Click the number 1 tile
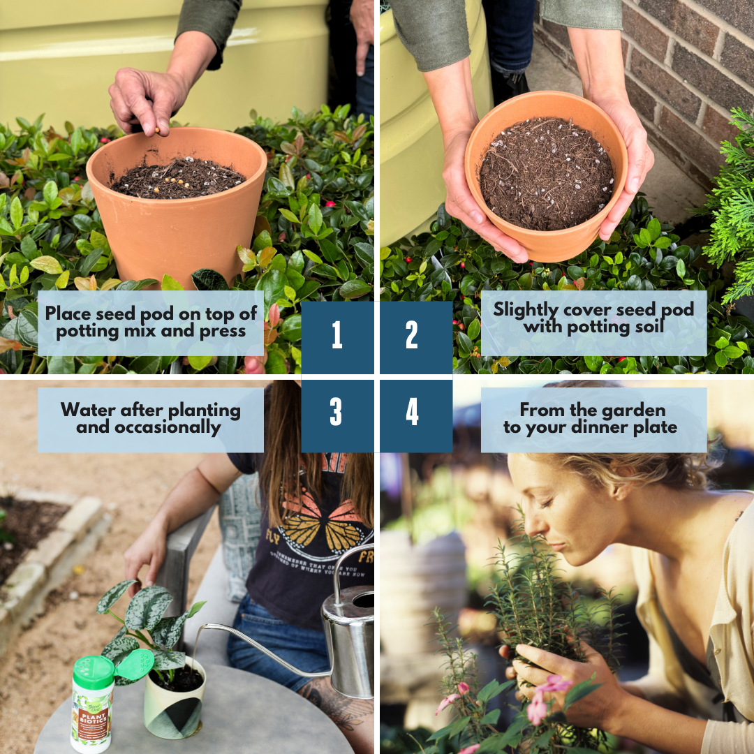point(337,337)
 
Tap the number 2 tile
point(413,337)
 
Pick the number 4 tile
point(413,413)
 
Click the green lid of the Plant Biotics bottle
point(94,672)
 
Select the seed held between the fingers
point(158,130)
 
